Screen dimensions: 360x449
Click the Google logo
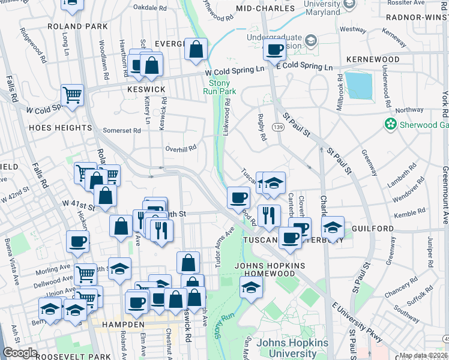pyautogui.click(x=20, y=353)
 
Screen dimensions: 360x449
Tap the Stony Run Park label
pyautogui.click(x=222, y=87)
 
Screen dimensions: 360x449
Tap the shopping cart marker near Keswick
pyautogui.click(x=72, y=95)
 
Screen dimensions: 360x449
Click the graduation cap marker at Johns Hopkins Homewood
pyautogui.click(x=252, y=287)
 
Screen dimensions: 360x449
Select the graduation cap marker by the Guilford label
pyautogui.click(x=332, y=227)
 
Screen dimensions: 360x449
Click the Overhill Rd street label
pyautogui.click(x=181, y=148)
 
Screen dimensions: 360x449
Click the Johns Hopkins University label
pyautogui.click(x=292, y=348)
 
